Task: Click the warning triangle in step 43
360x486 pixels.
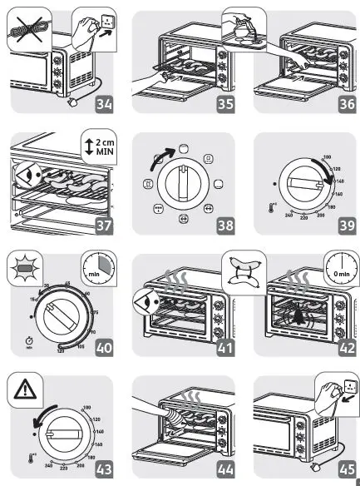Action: point(26,389)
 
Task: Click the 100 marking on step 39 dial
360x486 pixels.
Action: point(326,157)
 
